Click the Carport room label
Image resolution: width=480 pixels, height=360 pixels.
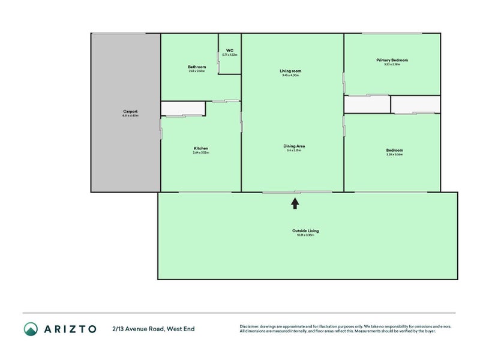(130, 112)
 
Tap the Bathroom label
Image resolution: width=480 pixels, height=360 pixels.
(197, 67)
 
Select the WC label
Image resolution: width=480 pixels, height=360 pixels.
(230, 50)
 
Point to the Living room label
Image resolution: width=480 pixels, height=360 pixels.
(290, 71)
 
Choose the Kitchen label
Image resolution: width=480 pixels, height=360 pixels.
(200, 148)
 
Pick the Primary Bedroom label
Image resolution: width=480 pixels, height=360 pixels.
(392, 60)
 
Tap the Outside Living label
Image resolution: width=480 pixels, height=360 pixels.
(305, 230)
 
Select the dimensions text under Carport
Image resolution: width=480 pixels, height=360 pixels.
(130, 116)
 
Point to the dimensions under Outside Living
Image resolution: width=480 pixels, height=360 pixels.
(305, 235)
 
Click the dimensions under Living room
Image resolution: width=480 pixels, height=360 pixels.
(290, 76)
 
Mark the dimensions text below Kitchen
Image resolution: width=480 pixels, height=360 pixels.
(200, 153)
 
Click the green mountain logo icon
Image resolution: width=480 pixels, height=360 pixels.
(31, 328)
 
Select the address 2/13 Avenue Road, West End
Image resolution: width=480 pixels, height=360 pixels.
(153, 329)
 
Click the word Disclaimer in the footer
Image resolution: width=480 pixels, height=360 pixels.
(250, 326)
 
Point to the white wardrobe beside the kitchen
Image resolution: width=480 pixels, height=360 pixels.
(183, 109)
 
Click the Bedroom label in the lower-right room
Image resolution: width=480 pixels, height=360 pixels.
(394, 150)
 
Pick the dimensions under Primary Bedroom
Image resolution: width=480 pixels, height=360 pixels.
(392, 64)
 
